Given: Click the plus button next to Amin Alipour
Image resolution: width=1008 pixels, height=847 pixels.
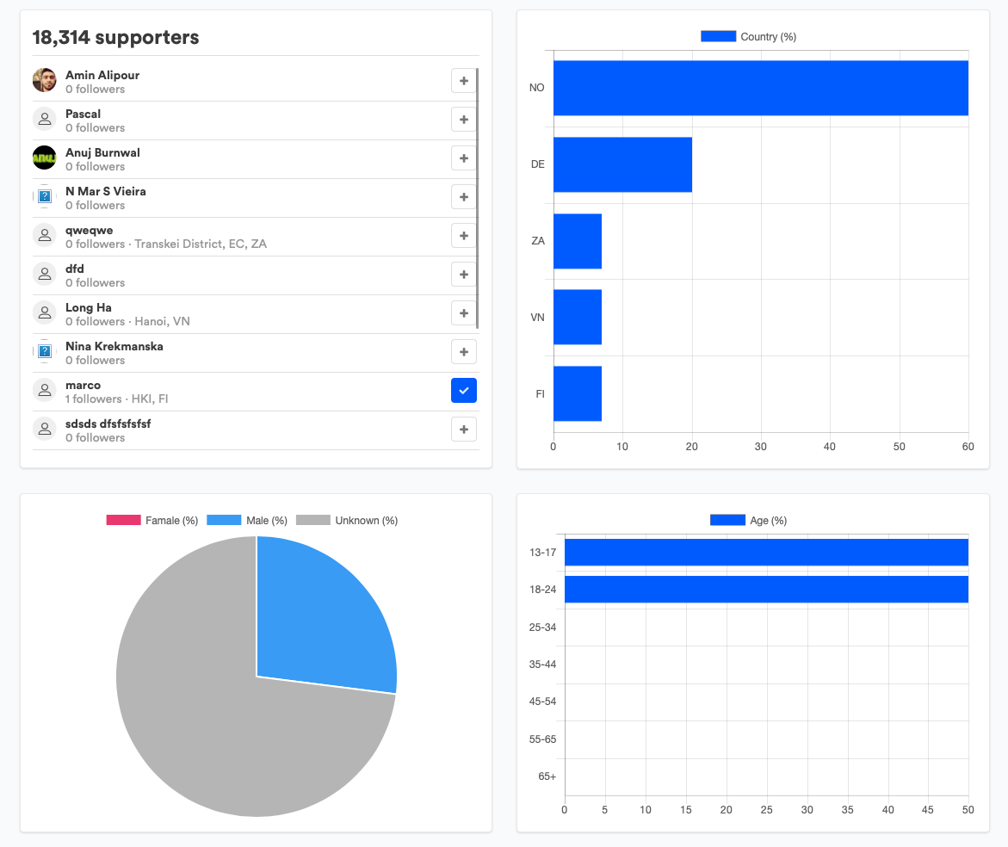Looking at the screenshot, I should [464, 81].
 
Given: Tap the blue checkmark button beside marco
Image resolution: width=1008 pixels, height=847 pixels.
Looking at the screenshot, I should [464, 391].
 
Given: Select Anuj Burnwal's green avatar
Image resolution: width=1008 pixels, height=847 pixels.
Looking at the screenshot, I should [44, 158].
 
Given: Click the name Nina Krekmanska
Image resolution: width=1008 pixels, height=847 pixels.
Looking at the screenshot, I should [114, 346].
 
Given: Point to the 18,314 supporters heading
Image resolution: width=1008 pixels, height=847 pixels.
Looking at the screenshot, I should [115, 37].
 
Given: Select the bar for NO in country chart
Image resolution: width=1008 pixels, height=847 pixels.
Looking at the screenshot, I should [760, 88].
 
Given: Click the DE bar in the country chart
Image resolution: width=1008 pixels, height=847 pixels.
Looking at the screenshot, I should [622, 164].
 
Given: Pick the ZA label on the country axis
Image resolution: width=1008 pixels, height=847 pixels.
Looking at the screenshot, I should [538, 241].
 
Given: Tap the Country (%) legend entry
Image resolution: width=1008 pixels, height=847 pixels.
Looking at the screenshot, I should [749, 37].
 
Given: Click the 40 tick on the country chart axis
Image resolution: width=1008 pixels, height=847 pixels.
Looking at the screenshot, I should [830, 447].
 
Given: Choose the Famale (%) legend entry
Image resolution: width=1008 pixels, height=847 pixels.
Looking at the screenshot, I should [152, 521].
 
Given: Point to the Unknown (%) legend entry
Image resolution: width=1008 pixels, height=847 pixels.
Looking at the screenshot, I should [347, 521].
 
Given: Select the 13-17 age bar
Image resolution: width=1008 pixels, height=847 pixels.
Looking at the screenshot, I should [766, 553].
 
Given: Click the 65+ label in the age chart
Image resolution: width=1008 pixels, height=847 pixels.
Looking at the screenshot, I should [547, 776].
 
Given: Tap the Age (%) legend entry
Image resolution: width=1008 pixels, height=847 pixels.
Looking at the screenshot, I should [749, 521].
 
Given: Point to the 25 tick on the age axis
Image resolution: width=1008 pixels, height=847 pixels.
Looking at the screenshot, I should [766, 810].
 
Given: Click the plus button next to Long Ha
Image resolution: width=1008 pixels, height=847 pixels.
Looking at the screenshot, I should [464, 313].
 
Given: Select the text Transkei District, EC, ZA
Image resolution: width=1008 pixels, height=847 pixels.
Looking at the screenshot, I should [201, 244].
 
